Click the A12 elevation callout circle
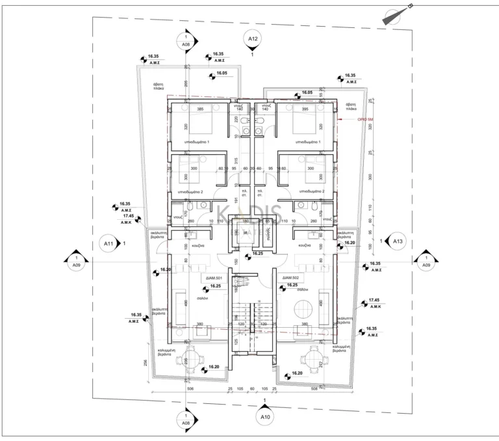pos(253,40)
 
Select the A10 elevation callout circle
pos(264,416)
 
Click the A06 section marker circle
pos(186,42)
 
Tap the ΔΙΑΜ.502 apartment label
pos(288,278)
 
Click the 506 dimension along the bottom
pos(189,390)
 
